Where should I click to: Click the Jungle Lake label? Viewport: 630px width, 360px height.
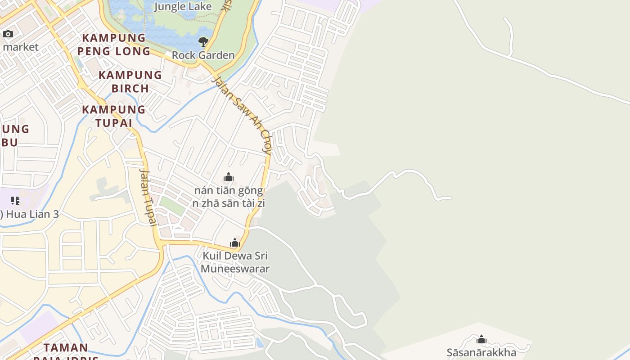[x=182, y=6]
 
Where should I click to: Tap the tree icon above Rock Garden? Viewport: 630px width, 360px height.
[x=203, y=42]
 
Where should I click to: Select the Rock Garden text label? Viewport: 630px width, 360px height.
[x=203, y=55]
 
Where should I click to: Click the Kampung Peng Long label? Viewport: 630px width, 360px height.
[x=113, y=44]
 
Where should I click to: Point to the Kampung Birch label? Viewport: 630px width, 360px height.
[x=130, y=81]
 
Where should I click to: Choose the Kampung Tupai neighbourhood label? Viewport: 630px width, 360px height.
[x=113, y=116]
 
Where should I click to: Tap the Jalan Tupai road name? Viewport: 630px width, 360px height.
[x=147, y=196]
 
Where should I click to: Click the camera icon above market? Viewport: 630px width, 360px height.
[x=8, y=34]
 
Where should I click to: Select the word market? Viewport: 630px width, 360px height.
[x=21, y=47]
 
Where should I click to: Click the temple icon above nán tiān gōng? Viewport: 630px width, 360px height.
[x=229, y=177]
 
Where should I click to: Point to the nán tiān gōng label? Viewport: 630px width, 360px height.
[x=229, y=190]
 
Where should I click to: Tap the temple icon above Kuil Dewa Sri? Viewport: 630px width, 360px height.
[x=234, y=243]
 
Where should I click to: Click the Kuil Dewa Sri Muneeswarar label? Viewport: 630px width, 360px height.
[x=235, y=262]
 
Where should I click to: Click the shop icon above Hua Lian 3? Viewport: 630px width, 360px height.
[x=15, y=200]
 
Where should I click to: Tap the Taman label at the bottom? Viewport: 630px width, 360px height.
[x=66, y=347]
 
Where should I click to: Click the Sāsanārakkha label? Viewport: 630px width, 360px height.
[x=481, y=352]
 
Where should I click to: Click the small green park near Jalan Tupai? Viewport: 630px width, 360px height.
[x=172, y=206]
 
